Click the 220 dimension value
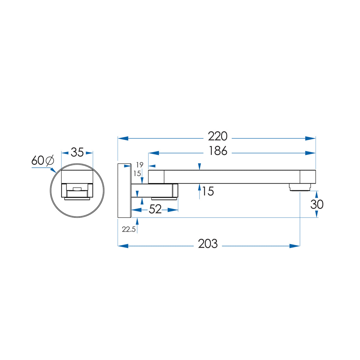click(x=217, y=136)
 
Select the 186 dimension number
click(x=218, y=151)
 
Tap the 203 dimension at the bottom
click(x=208, y=244)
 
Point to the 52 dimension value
click(x=155, y=209)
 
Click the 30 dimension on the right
click(x=317, y=204)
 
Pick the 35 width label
click(x=77, y=152)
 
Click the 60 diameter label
click(x=38, y=160)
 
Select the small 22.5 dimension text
click(x=129, y=229)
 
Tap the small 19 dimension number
click(x=140, y=165)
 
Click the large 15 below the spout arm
click(x=208, y=191)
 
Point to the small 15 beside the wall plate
click(x=137, y=174)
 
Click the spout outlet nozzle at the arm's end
click(x=300, y=187)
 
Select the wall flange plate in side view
click(x=124, y=190)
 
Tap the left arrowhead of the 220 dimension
click(x=123, y=138)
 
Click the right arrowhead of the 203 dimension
click(x=295, y=246)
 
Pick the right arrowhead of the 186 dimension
click(x=310, y=153)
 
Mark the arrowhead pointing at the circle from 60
click(x=53, y=170)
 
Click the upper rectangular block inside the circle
click(x=77, y=176)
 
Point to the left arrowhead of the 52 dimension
click(x=136, y=210)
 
